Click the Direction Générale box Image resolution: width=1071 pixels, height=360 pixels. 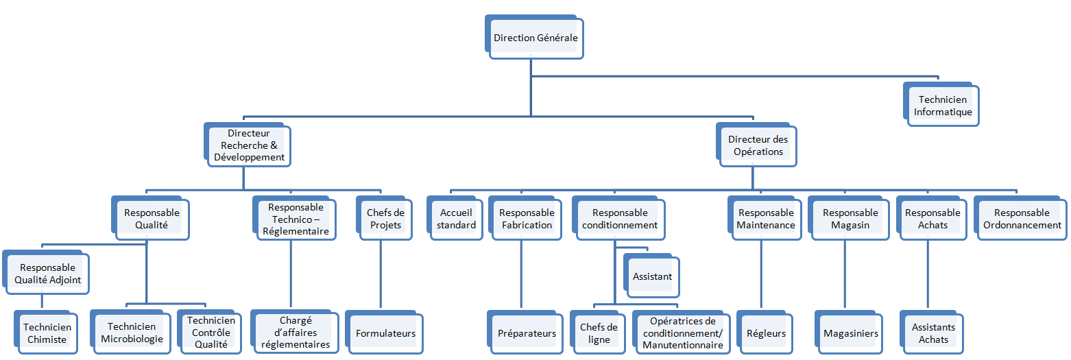point(535,38)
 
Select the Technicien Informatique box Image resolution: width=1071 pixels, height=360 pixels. point(943,106)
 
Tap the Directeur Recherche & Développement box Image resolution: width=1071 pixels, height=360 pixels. point(249,145)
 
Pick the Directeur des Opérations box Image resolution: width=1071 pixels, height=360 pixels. point(758,145)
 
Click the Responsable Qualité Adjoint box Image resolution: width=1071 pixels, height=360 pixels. point(47,274)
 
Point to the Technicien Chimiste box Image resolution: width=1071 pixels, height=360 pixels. point(47,333)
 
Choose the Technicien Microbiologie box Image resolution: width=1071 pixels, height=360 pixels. point(132,333)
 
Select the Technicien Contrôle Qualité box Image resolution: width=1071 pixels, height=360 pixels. point(210,333)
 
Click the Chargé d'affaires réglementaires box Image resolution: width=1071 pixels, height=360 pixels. point(296,333)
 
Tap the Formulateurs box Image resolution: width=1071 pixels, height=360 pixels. point(385,333)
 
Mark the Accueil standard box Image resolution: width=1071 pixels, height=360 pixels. point(457,219)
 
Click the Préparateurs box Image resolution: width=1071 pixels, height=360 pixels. point(527,333)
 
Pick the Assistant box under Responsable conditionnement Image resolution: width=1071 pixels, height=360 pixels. point(652,277)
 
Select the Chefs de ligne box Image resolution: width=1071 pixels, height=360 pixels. point(599,333)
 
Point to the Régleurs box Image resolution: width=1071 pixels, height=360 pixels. point(766,333)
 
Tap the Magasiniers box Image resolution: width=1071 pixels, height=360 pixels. point(850,333)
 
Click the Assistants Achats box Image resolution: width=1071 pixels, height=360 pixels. point(933,333)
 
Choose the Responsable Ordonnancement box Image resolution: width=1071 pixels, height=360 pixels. point(1022,219)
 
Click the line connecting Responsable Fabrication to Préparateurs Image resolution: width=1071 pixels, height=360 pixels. point(521,274)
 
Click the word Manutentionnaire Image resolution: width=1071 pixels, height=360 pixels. point(682,345)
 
